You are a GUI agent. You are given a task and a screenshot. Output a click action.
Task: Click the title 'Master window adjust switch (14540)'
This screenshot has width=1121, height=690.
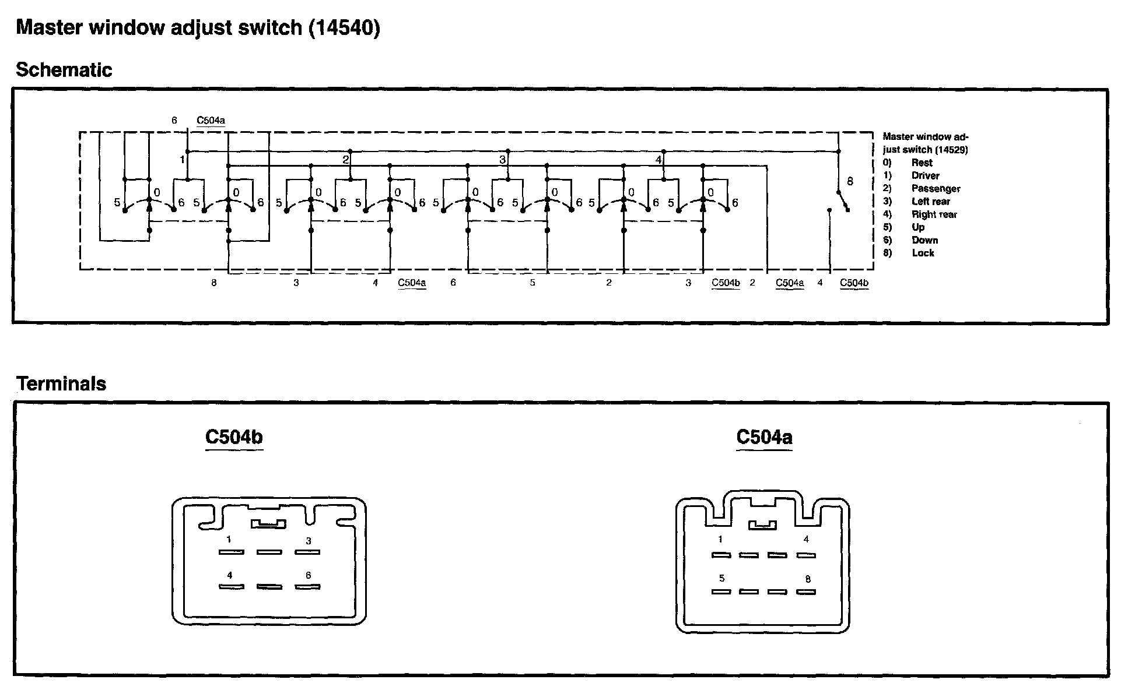(x=198, y=27)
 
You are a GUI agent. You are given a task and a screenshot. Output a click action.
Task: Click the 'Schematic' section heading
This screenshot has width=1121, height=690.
(x=64, y=70)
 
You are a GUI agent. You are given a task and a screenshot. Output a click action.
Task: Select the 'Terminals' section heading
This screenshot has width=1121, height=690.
(x=61, y=383)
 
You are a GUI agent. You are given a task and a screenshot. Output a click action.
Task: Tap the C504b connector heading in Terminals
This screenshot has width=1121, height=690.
(x=234, y=437)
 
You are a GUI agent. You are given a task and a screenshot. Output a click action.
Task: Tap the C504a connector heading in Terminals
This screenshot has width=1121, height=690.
(x=764, y=437)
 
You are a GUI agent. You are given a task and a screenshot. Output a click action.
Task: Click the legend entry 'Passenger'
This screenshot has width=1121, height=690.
(x=936, y=188)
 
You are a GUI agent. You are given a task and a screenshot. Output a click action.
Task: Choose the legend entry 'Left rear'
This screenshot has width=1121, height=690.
(x=931, y=201)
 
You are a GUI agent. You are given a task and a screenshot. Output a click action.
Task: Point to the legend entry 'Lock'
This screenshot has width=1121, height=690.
(x=923, y=253)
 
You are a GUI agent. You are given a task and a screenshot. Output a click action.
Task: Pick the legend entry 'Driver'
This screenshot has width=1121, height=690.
(x=926, y=175)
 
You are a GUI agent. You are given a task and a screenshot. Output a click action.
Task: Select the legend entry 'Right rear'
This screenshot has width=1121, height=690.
(x=934, y=214)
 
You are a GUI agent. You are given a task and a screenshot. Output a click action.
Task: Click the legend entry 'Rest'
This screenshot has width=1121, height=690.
(x=922, y=163)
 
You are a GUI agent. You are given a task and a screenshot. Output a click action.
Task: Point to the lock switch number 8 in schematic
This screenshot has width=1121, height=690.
(x=850, y=182)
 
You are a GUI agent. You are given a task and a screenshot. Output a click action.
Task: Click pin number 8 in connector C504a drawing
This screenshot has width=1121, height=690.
(x=808, y=579)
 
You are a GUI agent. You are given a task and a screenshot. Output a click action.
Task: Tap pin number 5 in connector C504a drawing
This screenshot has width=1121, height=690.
(x=722, y=579)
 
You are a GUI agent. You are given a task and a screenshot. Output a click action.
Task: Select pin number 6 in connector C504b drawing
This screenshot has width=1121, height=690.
(x=308, y=576)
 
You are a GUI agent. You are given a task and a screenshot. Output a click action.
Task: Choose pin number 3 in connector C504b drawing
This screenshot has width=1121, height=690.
(x=309, y=541)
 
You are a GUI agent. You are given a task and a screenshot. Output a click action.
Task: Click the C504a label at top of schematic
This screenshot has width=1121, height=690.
(x=211, y=121)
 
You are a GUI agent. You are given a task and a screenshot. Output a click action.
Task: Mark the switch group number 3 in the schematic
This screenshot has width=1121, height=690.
(x=502, y=160)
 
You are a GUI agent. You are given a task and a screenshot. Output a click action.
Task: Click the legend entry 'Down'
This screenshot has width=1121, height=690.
(x=924, y=240)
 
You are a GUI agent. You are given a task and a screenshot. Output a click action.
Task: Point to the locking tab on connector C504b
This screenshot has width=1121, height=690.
(x=268, y=524)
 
